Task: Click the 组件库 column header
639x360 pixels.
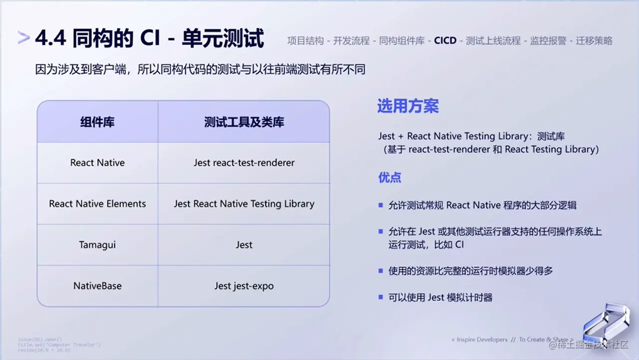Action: [x=97, y=122]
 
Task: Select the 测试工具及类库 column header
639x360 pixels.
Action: [x=244, y=122]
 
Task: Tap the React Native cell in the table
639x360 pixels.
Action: [x=97, y=163]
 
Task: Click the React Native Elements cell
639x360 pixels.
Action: [x=97, y=203]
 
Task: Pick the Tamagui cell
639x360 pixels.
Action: [x=97, y=245]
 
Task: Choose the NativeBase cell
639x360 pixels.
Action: [x=97, y=286]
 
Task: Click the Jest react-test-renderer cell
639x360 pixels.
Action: [x=244, y=163]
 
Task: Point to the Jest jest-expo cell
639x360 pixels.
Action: [x=244, y=286]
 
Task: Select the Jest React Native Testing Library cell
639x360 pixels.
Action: [x=244, y=203]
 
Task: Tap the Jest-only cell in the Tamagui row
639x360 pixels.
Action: [x=244, y=245]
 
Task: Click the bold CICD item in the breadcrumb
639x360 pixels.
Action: [x=445, y=41]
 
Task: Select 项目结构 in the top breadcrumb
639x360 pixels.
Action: [x=305, y=41]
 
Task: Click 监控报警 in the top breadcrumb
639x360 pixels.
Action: [x=548, y=41]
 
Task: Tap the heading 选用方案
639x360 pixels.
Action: [x=408, y=106]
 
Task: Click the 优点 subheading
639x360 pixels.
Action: [x=390, y=178]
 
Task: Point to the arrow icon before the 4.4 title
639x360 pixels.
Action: [x=23, y=38]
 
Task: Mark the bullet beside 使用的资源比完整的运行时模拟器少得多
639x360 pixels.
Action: [x=381, y=271]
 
